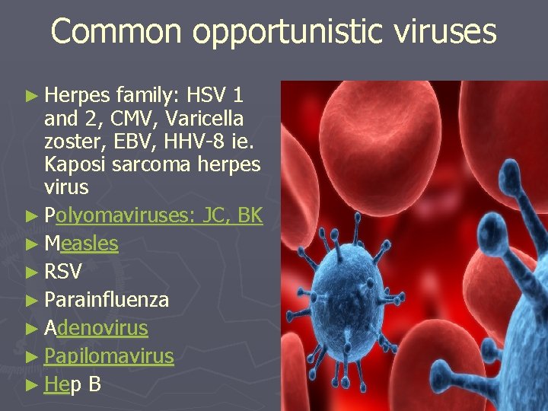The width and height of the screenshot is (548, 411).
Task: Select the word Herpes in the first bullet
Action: pyautogui.click(x=77, y=97)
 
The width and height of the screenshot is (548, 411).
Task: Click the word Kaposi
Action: pyautogui.click(x=75, y=164)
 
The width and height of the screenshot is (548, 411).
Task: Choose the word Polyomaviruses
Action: pyautogui.click(x=119, y=216)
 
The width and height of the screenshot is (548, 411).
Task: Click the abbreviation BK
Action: pyautogui.click(x=250, y=215)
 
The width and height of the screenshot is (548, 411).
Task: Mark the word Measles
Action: pyautogui.click(x=81, y=244)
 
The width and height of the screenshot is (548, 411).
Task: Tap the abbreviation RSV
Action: pyautogui.click(x=63, y=272)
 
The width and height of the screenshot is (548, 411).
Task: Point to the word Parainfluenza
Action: pyautogui.click(x=107, y=300)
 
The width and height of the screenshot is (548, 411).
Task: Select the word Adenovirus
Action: pyautogui.click(x=96, y=328)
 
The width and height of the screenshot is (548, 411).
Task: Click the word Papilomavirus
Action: pyautogui.click(x=109, y=356)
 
